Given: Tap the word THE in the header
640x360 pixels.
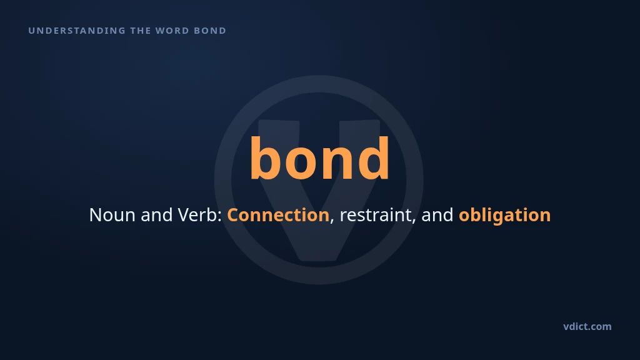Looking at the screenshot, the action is [x=140, y=31].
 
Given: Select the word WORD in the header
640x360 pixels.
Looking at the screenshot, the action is [x=172, y=31].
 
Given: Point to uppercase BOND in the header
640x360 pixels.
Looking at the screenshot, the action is [x=210, y=31].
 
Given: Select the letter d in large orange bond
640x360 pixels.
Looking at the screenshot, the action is [x=373, y=157].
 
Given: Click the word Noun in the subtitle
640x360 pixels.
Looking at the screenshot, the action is [x=112, y=215].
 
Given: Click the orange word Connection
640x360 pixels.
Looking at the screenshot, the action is [x=278, y=215].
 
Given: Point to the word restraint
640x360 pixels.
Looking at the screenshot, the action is [x=375, y=215].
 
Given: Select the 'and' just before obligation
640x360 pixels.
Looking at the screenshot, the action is [x=437, y=215].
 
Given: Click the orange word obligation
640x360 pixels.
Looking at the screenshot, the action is [x=505, y=216].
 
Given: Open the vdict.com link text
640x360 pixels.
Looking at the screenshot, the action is [x=587, y=326].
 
